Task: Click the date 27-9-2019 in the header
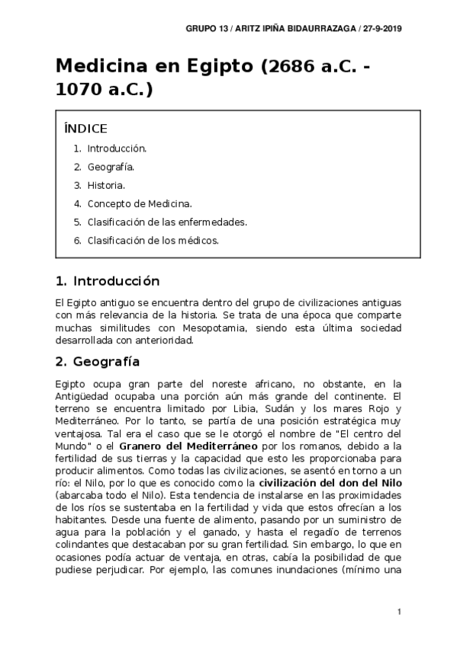click(383, 28)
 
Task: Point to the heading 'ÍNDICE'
click(85, 128)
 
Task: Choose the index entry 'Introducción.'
click(117, 149)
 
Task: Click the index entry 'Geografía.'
click(111, 167)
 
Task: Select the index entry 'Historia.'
click(106, 185)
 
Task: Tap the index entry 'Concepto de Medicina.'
click(140, 203)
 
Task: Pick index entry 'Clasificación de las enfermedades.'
click(166, 222)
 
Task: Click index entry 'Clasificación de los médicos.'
click(153, 240)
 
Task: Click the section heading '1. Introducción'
click(108, 280)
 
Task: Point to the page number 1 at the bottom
click(399, 612)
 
